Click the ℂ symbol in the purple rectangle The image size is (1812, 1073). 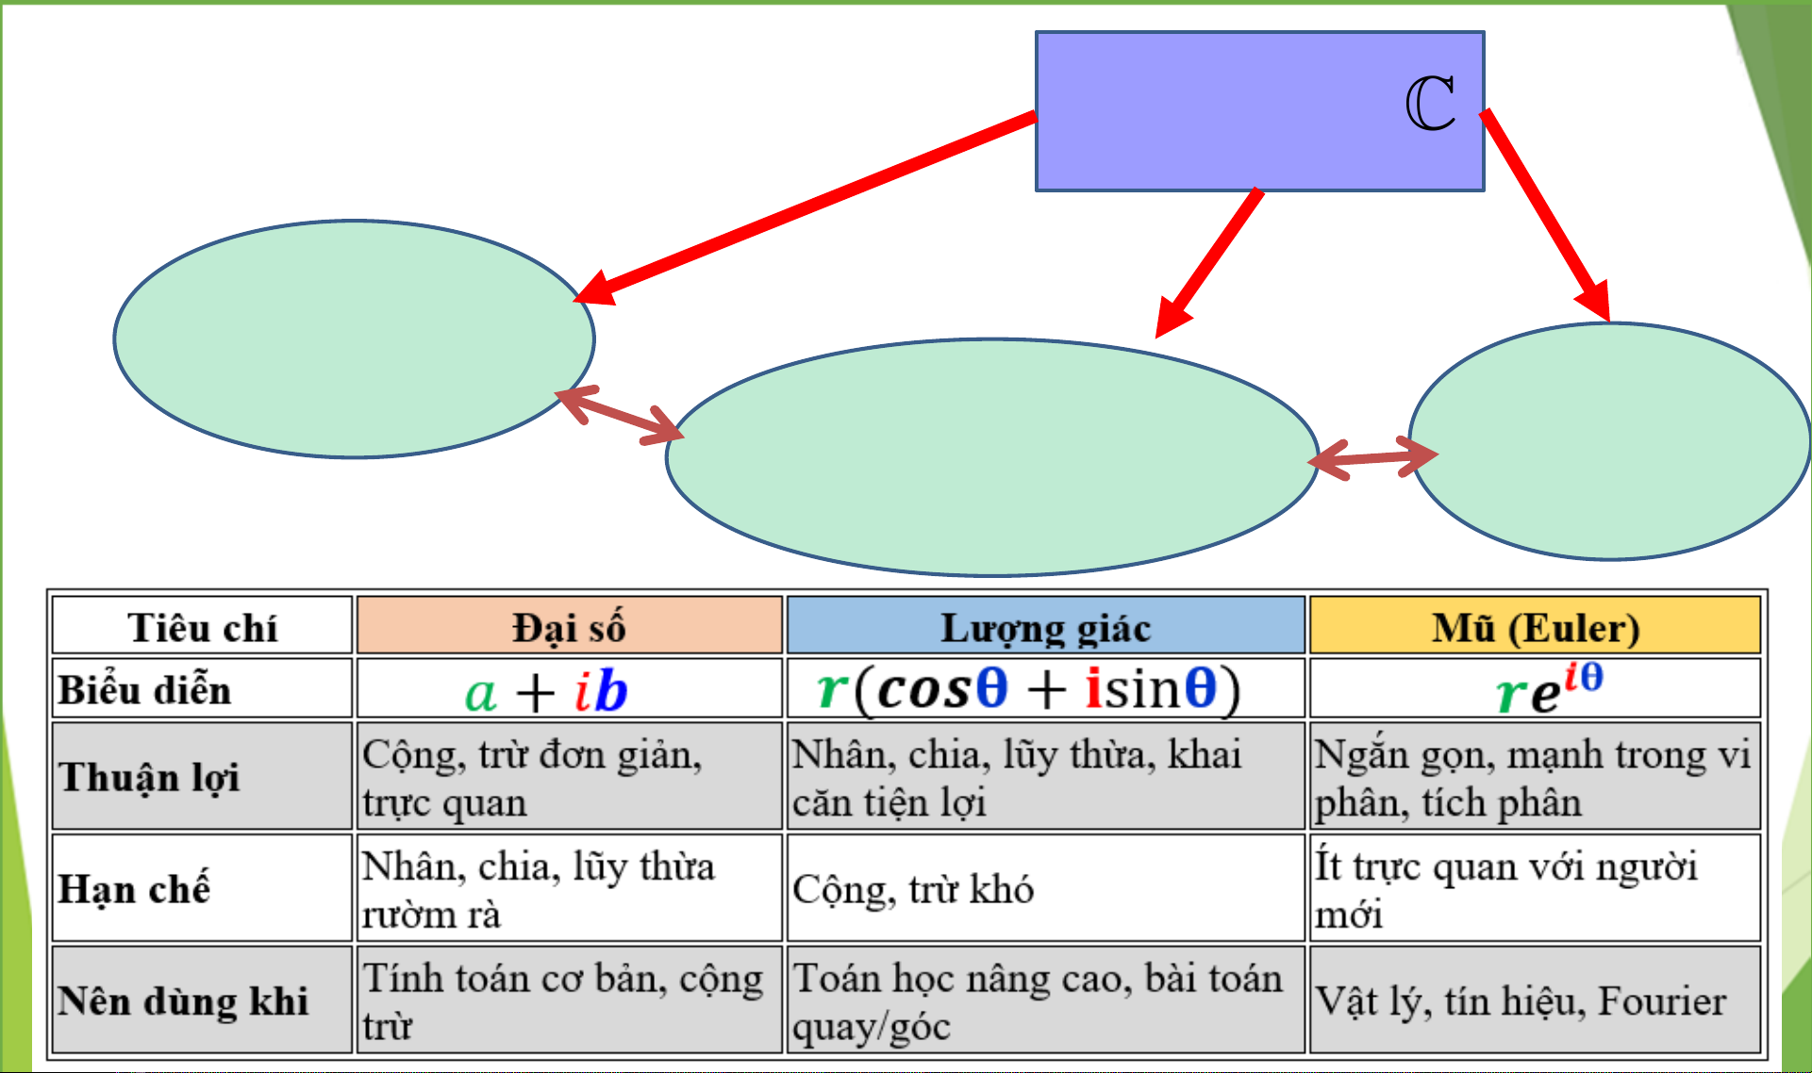(1430, 104)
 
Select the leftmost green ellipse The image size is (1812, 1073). (354, 339)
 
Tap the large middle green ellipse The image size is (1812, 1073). (990, 457)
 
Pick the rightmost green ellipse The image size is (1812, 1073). (1609, 441)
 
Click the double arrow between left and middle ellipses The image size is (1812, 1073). (619, 416)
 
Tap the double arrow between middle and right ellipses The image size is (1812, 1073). (1372, 458)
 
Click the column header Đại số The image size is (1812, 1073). (569, 626)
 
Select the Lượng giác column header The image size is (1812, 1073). (1045, 626)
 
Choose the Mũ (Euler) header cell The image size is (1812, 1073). (1535, 626)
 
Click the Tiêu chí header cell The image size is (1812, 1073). (202, 626)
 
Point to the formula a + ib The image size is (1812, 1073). (546, 690)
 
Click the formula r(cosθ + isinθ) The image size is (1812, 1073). (1028, 688)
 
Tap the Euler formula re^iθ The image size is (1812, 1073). (1548, 688)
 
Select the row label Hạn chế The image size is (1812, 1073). (134, 888)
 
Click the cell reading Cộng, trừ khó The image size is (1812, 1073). (913, 888)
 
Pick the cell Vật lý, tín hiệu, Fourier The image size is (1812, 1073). (1521, 1000)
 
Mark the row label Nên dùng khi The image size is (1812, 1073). (183, 1000)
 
